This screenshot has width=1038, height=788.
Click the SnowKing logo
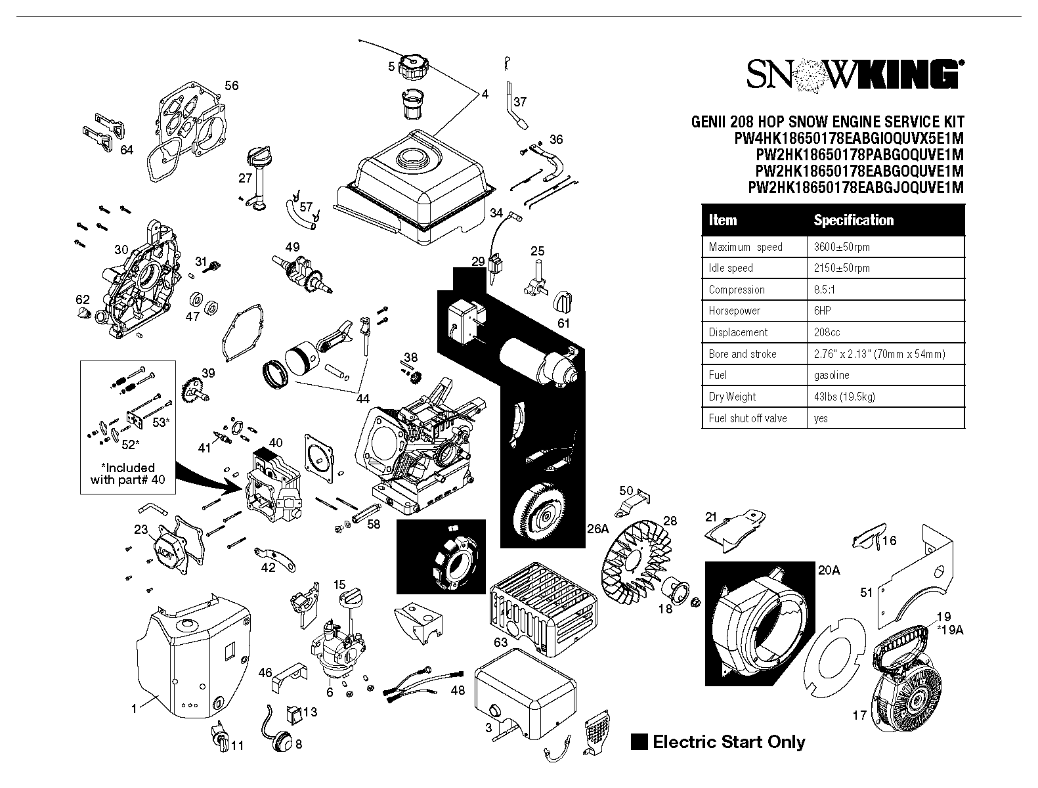pos(855,75)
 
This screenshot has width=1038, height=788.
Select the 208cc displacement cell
pos(827,332)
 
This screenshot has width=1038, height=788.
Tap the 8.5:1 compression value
pos(824,290)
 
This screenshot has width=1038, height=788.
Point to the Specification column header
pos(854,220)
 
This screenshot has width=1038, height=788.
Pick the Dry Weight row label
pos(732,397)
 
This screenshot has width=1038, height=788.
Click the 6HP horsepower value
pos(823,311)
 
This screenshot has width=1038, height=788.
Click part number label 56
pos(231,85)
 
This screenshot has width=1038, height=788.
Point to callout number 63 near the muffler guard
pos(500,642)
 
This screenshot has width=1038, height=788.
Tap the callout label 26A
pos(597,529)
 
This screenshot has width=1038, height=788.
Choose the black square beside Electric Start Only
pos(639,741)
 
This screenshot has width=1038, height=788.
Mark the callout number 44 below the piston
pos(362,399)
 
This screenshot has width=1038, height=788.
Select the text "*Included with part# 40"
pos(127,473)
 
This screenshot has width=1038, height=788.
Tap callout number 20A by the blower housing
pos(829,570)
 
